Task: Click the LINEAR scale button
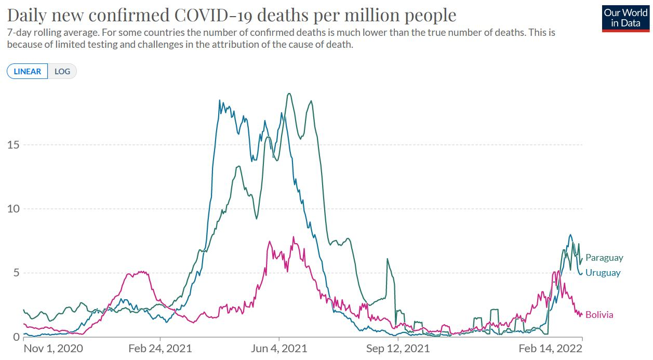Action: coord(28,71)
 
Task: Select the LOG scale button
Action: coord(62,71)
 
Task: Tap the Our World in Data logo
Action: coord(625,18)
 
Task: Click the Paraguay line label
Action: coord(604,258)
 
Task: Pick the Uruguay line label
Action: coord(603,273)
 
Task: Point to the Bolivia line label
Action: coord(599,315)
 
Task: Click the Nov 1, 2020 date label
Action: coord(54,348)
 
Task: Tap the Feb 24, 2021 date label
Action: coord(159,348)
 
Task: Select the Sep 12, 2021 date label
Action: coord(398,348)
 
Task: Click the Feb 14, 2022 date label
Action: coord(551,348)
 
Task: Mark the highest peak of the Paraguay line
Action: coord(289,94)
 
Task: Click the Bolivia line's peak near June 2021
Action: coord(294,237)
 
